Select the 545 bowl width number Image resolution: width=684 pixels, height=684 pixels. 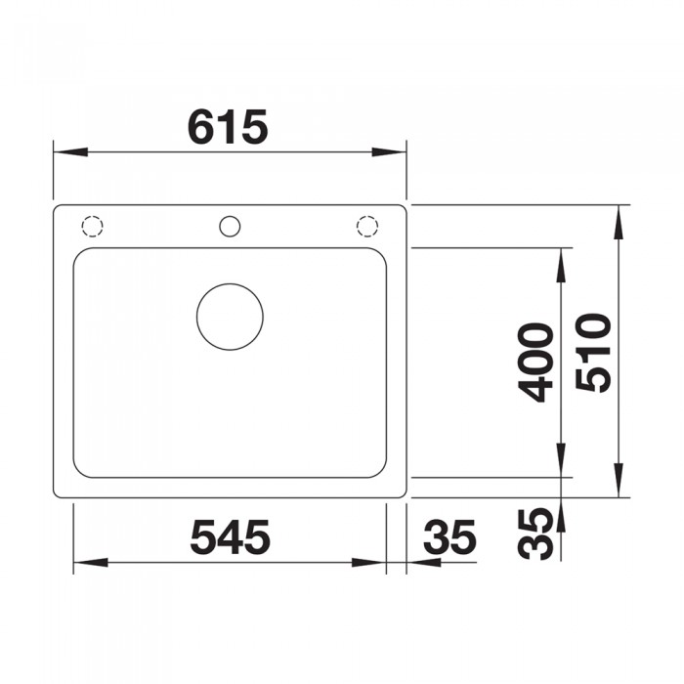(231, 537)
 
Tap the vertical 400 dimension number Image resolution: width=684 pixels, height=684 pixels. (534, 363)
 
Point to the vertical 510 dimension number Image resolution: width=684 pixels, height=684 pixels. (593, 353)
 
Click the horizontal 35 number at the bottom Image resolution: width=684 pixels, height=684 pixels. (449, 537)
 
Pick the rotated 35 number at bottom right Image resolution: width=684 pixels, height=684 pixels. (534, 534)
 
